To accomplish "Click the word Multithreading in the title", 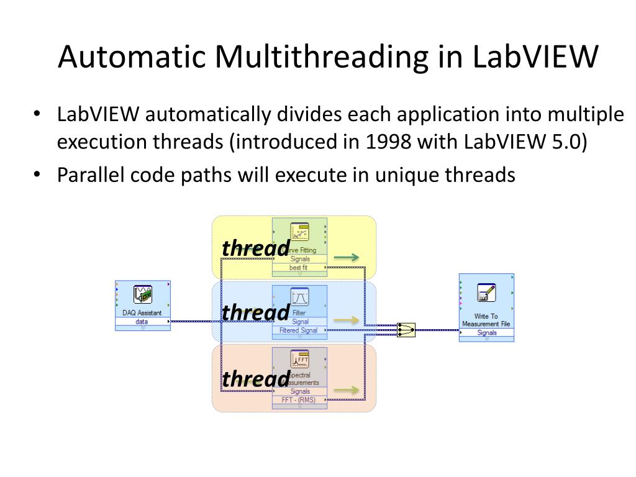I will click(x=321, y=57).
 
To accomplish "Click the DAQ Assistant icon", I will click(x=143, y=295).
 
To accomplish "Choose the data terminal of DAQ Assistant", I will click(x=142, y=322).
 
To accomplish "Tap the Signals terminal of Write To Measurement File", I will click(x=487, y=333).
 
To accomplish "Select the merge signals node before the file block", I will click(x=406, y=330).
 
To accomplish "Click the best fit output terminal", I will click(x=299, y=268).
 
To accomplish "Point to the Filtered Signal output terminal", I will click(x=299, y=330).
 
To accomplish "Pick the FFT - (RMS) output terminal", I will click(x=299, y=400).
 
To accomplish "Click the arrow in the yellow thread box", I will click(x=346, y=257).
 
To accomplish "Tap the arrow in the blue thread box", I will click(x=346, y=320).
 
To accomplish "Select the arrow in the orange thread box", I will click(x=346, y=390).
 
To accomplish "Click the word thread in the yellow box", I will click(x=256, y=248).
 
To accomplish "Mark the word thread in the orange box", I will click(x=256, y=379).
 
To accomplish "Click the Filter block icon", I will click(x=300, y=296).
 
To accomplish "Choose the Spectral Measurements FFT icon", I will click(x=300, y=359).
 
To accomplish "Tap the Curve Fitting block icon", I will click(x=300, y=232).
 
